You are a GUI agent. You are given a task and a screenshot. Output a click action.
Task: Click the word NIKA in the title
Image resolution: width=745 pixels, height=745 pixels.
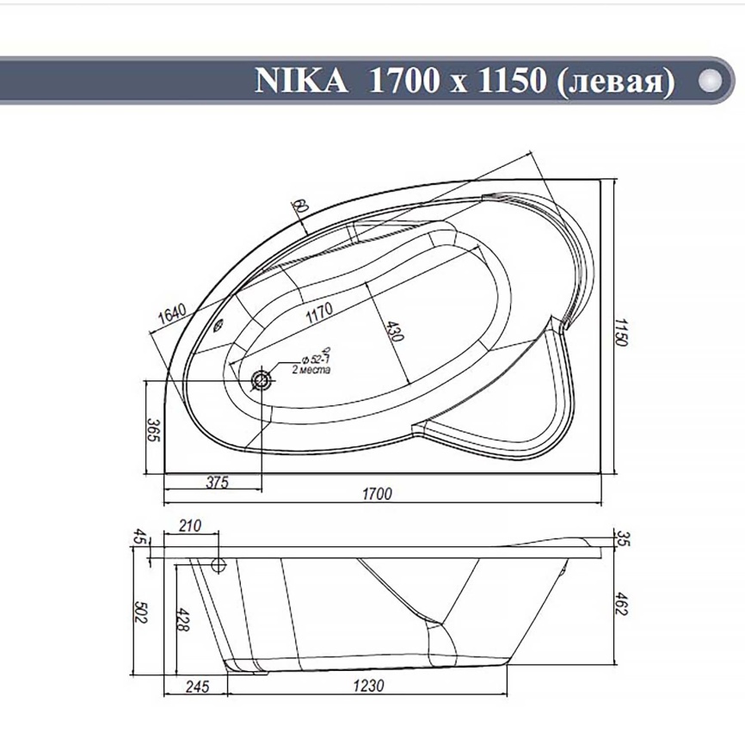pos(302,80)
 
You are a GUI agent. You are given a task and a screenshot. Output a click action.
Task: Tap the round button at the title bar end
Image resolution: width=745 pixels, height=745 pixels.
pos(711,80)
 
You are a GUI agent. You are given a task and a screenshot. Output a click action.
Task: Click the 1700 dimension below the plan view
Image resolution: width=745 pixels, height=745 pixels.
pos(376,494)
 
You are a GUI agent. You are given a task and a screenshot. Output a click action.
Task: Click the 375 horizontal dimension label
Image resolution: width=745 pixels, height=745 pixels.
pos(218,483)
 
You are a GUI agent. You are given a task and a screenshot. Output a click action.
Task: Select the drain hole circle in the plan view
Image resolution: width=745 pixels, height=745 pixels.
pos(261,379)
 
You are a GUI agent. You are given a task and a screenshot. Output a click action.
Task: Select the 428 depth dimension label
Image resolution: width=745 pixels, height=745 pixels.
pos(182,622)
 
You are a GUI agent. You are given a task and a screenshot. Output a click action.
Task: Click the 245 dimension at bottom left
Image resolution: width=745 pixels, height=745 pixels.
pos(197,687)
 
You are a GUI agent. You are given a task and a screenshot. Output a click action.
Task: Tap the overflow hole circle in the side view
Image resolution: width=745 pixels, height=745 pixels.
pos(217,565)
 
